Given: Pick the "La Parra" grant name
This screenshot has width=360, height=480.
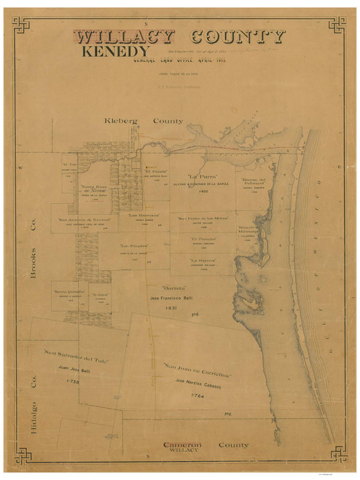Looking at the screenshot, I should click(203, 176).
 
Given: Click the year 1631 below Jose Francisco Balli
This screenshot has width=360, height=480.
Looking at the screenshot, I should click(172, 308).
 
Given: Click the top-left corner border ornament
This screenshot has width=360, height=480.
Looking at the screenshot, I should click(20, 25).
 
